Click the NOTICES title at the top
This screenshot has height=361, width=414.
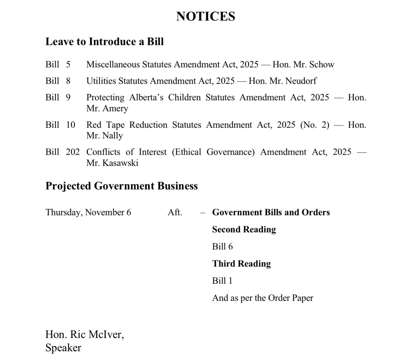(x=206, y=16)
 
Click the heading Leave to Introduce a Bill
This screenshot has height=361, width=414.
(x=104, y=42)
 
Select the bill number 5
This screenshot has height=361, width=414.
(x=68, y=65)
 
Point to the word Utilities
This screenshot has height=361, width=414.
(x=101, y=81)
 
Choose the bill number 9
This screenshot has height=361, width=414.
(x=68, y=98)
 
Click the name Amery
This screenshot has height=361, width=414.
(x=115, y=108)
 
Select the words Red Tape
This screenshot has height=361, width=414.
(x=105, y=125)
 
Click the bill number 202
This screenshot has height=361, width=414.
(x=73, y=152)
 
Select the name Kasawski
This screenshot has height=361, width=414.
(x=120, y=163)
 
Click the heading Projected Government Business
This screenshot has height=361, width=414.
(x=122, y=186)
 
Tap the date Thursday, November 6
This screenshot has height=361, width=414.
(x=88, y=212)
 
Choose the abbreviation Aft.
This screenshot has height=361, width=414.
(x=175, y=212)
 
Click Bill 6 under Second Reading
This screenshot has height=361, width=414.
(x=222, y=247)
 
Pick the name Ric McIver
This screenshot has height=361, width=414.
(x=97, y=334)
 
